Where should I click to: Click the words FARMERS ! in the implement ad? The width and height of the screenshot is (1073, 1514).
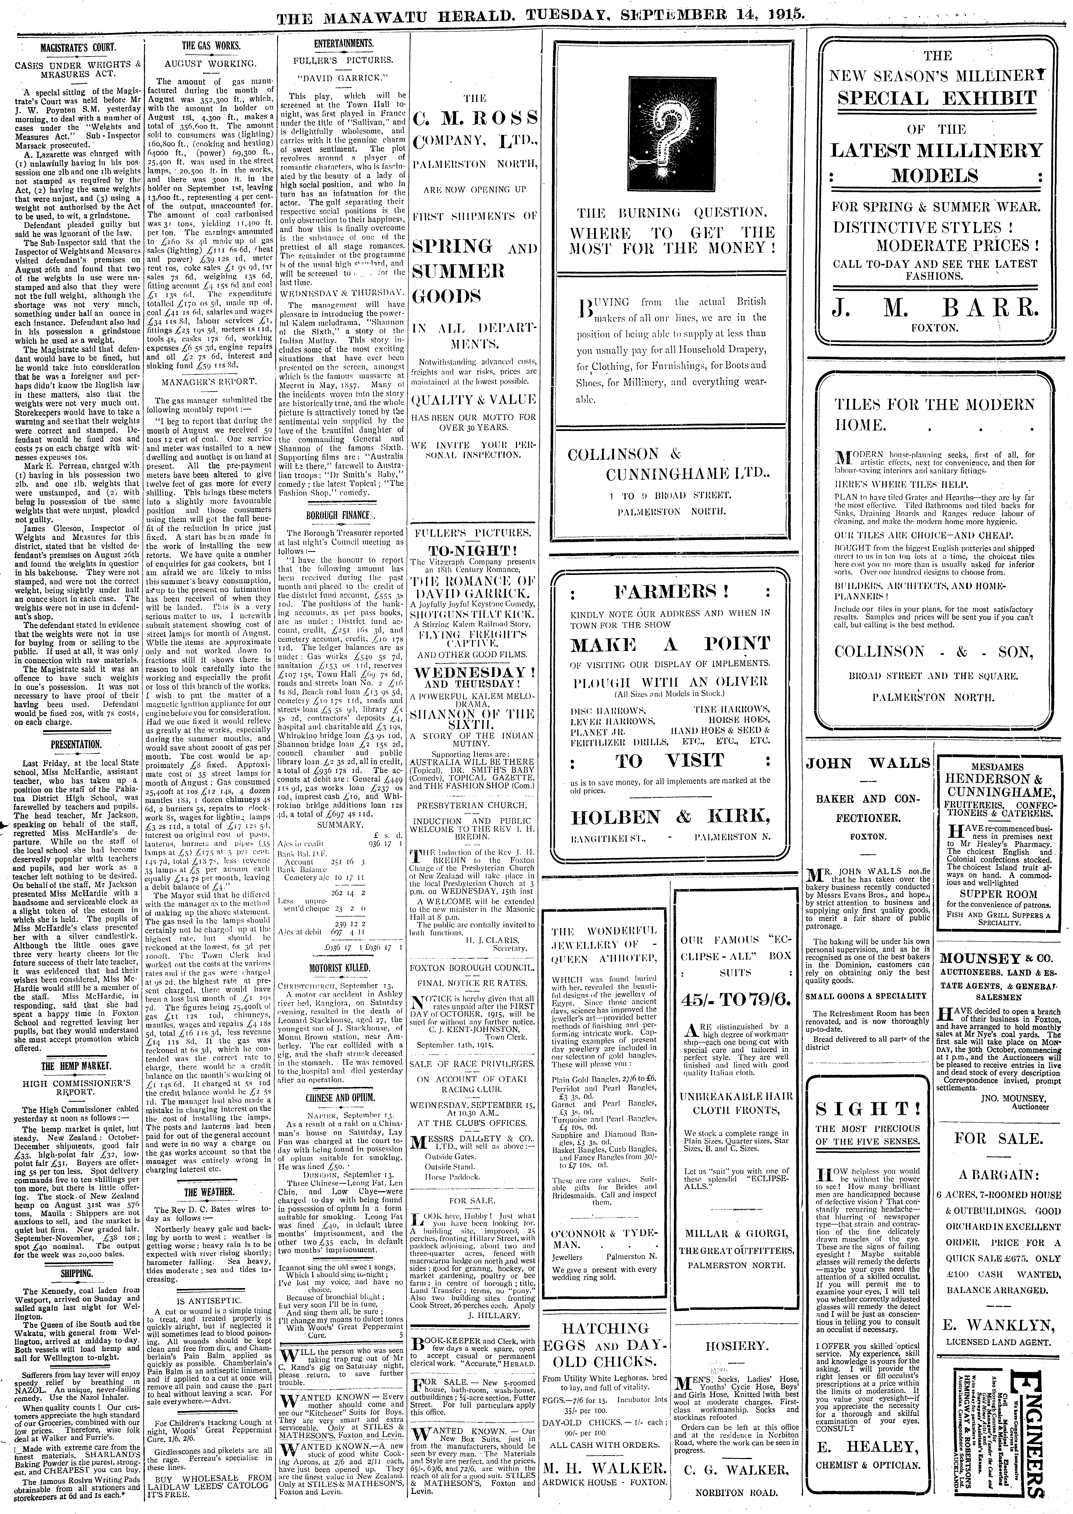click(x=670, y=590)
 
